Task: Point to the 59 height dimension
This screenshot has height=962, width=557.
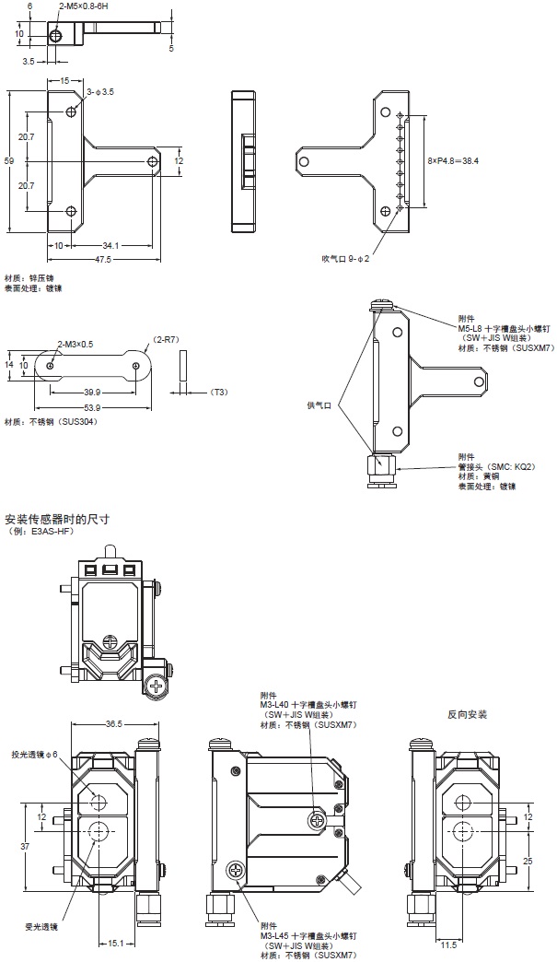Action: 9,160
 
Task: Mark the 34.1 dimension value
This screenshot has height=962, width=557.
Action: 110,246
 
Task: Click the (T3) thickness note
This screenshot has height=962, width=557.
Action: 219,393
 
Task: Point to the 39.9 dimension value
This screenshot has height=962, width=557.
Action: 92,391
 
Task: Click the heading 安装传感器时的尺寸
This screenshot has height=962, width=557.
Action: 57,519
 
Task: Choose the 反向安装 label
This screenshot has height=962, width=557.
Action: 467,714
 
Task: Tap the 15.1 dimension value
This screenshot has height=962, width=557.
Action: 114,943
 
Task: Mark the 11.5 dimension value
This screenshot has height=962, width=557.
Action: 448,944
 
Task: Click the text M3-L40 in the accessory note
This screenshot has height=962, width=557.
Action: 279,704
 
